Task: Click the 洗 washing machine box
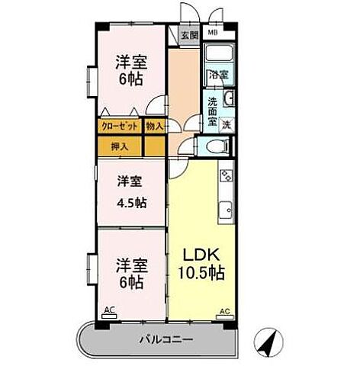point(227,124)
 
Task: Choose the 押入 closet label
point(119,146)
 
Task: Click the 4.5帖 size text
point(131,203)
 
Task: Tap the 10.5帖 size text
point(202,272)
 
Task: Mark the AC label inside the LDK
point(224,311)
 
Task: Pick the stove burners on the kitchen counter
point(227,177)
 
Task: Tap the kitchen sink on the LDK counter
point(227,211)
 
